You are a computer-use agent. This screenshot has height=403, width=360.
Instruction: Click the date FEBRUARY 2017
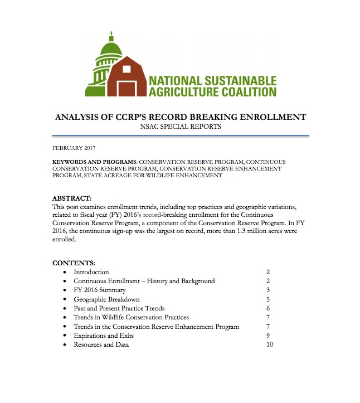[x=74, y=148]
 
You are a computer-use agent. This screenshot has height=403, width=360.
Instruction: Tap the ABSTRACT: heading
[x=72, y=198]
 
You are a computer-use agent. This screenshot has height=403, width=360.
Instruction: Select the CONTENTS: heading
[x=74, y=263]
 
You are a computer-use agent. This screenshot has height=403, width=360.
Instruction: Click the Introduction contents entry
[x=91, y=272]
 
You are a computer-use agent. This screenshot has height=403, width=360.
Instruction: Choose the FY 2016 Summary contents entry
[x=100, y=290]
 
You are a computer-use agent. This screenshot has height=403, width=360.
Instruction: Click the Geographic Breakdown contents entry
[x=106, y=299]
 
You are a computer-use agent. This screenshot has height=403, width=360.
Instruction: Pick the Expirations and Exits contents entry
[x=104, y=336]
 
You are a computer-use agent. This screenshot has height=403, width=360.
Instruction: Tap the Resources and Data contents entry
[x=101, y=344]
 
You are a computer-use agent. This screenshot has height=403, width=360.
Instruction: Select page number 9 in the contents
[x=268, y=336]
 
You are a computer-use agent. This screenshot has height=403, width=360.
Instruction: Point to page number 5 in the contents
[x=268, y=299]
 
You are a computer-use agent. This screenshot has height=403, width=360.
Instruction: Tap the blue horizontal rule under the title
[x=180, y=135]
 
